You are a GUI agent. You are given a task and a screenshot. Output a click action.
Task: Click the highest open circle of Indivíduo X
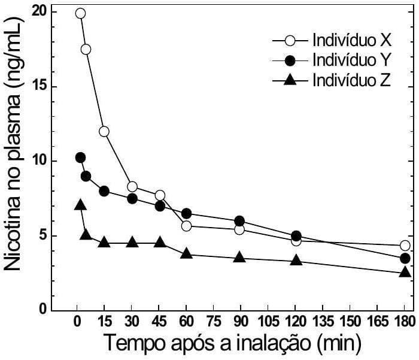click(80, 13)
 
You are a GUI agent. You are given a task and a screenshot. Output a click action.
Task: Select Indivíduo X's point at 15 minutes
click(104, 131)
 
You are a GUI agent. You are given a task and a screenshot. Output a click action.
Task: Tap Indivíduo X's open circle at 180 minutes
click(405, 246)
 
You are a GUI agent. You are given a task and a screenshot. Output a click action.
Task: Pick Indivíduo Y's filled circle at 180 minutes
click(405, 258)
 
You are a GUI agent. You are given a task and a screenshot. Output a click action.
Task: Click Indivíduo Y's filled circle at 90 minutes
click(239, 221)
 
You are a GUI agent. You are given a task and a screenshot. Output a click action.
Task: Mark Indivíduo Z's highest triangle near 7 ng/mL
click(80, 205)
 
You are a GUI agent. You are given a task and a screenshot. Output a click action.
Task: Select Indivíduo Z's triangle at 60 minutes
click(186, 254)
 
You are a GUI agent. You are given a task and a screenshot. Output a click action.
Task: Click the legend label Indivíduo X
click(351, 40)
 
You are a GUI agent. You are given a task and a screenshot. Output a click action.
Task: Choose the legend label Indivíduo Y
click(351, 60)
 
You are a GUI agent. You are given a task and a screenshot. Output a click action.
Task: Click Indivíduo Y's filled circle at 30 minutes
click(132, 198)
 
